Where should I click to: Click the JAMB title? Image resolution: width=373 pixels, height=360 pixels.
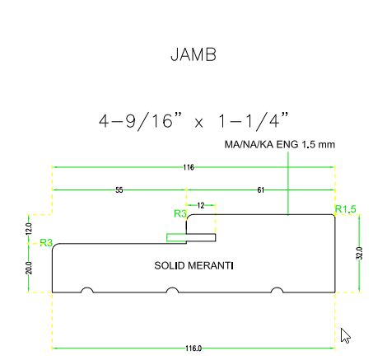coord(193,54)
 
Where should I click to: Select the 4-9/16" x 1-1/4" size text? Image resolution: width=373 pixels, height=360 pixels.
coord(193,120)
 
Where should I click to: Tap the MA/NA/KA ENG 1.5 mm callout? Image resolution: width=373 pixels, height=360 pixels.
coord(280,144)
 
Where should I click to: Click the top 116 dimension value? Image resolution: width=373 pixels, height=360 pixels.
coord(189,167)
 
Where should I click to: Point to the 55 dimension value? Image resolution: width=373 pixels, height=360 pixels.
coord(119,190)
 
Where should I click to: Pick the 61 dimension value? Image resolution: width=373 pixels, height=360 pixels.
coord(261,190)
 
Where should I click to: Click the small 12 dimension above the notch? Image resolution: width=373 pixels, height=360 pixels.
coord(201,205)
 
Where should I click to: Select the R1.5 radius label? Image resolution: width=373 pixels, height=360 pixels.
coord(346,209)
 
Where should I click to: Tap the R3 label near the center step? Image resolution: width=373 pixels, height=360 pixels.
coord(180,213)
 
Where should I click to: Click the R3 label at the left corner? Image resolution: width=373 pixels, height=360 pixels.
coord(46,242)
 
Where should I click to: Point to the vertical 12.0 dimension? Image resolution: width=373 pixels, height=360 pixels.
coord(29,229)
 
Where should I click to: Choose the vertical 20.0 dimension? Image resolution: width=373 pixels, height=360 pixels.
coord(29,268)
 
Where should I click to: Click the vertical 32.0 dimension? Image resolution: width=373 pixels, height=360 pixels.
coord(360,253)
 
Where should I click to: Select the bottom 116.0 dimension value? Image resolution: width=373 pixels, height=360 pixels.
coord(193,348)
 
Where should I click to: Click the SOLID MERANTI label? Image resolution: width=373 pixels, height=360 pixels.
coord(193,266)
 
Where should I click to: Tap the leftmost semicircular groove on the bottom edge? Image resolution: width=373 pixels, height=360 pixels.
coord(87,290)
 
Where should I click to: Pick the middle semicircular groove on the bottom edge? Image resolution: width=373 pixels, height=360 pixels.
coord(172,290)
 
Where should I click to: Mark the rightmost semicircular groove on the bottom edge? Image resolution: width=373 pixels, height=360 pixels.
coord(277,290)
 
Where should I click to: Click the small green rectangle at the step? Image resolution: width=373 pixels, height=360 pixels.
coord(176,237)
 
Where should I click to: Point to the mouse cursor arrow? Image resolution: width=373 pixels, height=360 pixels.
coord(345,335)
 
